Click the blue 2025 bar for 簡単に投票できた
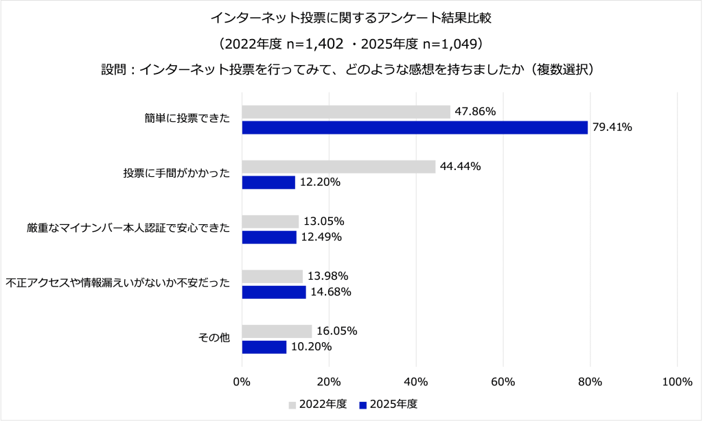(x=415, y=128)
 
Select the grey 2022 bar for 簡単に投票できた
(x=346, y=112)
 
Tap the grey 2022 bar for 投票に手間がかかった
(x=338, y=167)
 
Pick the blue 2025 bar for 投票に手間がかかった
(x=268, y=182)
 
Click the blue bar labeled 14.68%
(x=274, y=292)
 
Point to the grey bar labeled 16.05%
(x=277, y=331)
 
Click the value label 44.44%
(x=461, y=167)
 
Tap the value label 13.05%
(x=324, y=221)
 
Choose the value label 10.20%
(x=312, y=347)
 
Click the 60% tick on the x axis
(x=503, y=382)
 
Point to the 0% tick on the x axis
(x=242, y=382)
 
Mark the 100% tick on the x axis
(x=677, y=382)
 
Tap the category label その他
(x=214, y=339)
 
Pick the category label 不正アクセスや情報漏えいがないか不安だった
(x=117, y=284)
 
